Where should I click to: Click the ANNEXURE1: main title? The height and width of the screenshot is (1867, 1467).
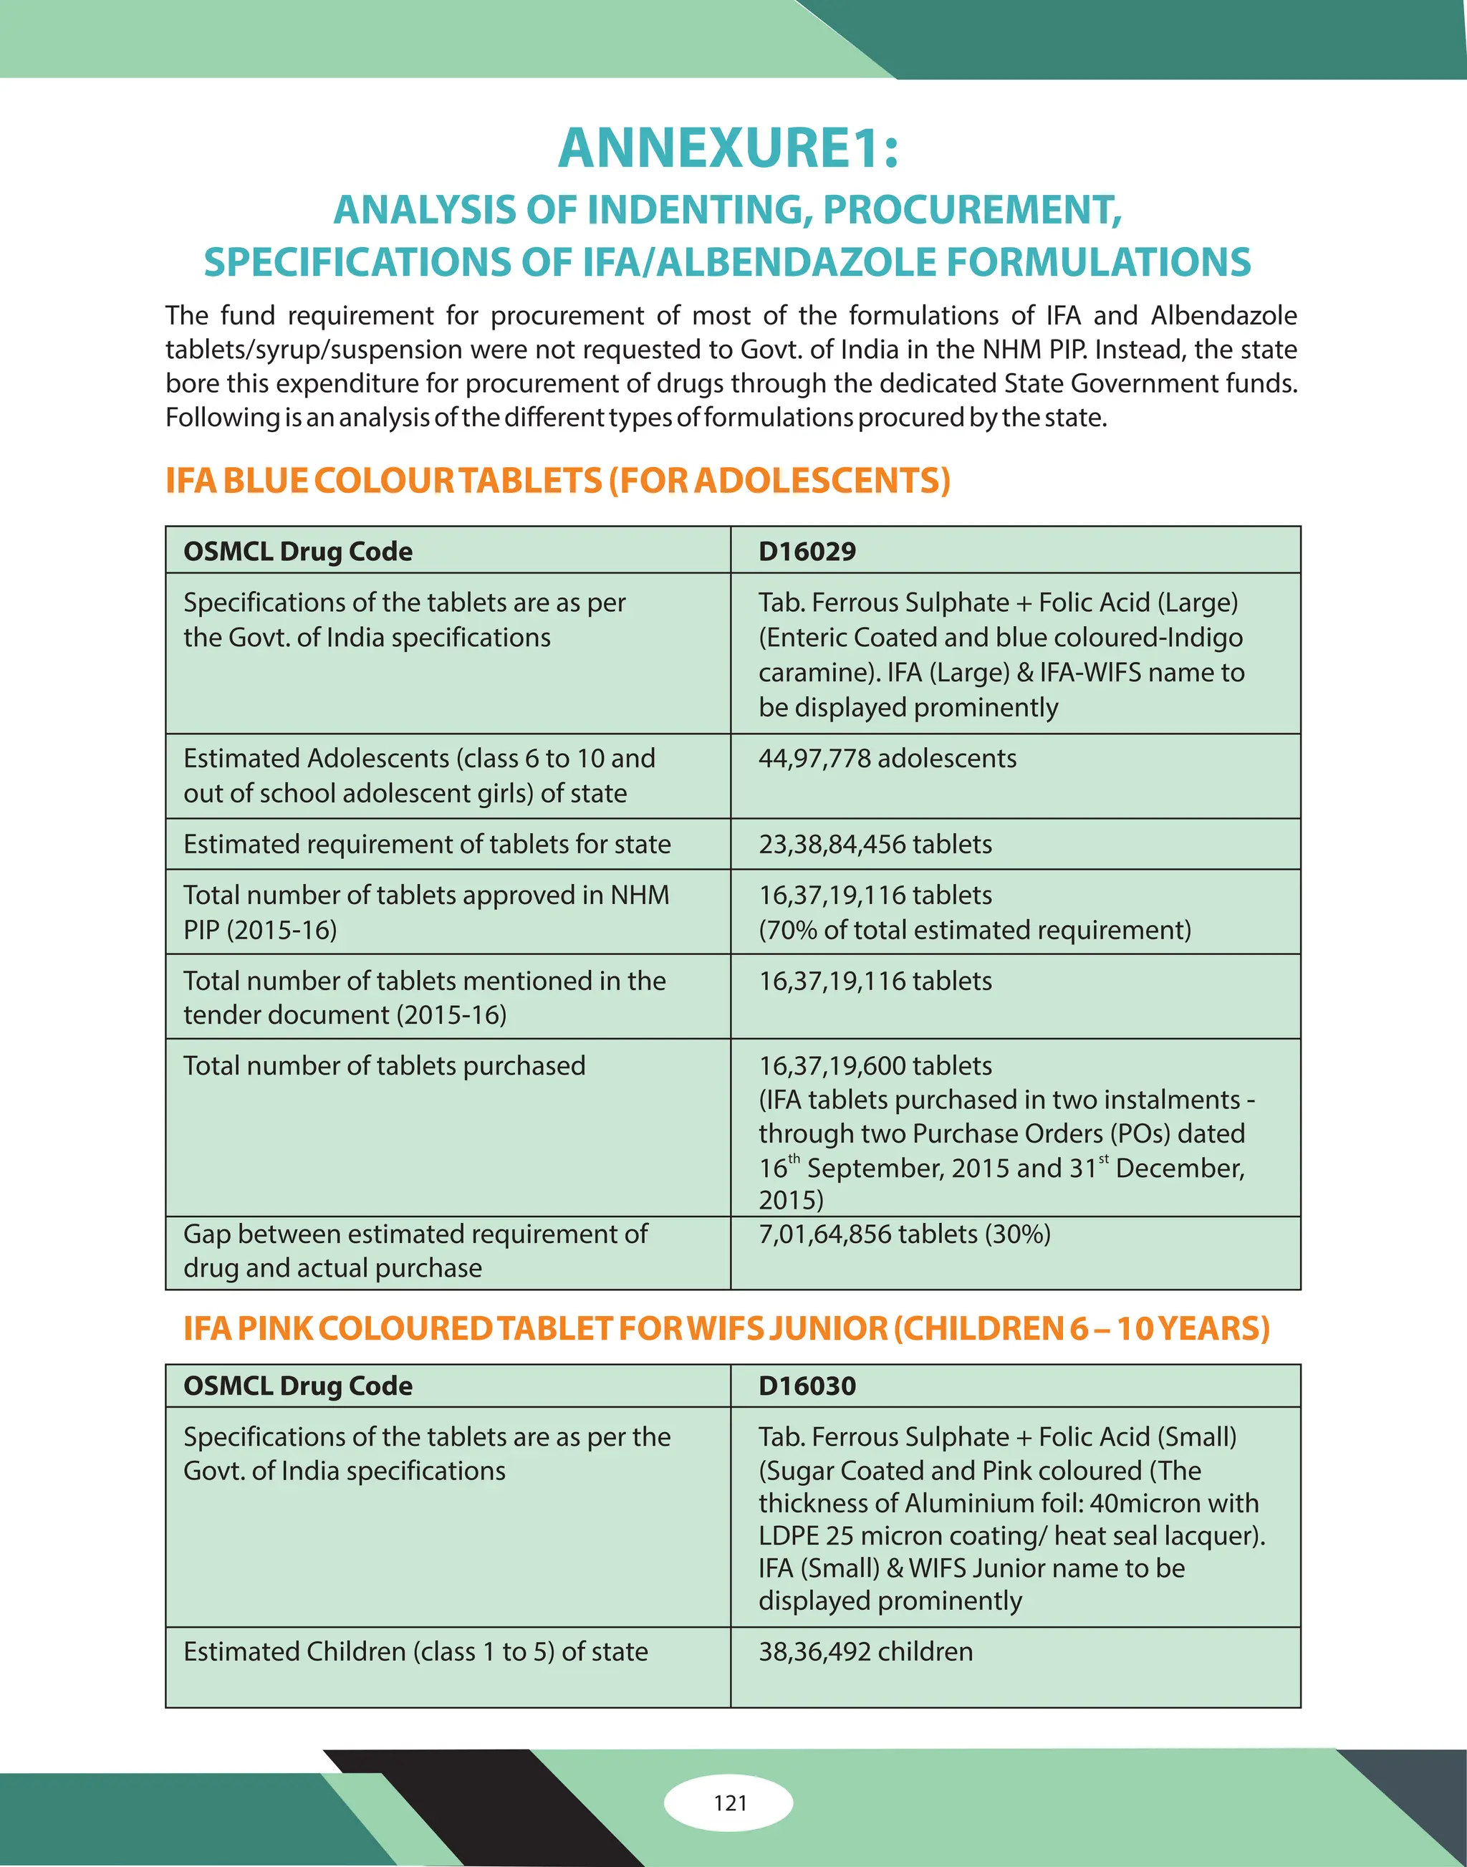728,148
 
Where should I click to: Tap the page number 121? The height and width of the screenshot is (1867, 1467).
730,1803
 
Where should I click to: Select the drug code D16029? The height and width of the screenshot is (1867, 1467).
807,551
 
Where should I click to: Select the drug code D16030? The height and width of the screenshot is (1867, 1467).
807,1385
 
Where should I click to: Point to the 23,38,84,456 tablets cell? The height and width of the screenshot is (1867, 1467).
875,844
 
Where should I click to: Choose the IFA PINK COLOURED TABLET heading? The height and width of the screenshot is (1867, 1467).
726,1328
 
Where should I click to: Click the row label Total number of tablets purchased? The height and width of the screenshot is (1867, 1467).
384,1065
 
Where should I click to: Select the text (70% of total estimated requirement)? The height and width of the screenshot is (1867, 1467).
974,930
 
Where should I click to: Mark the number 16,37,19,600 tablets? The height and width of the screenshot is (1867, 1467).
875,1065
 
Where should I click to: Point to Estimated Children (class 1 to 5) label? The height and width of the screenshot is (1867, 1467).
415,1651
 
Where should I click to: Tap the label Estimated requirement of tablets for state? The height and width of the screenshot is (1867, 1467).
427,844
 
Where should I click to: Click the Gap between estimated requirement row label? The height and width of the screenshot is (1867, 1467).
415,1234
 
